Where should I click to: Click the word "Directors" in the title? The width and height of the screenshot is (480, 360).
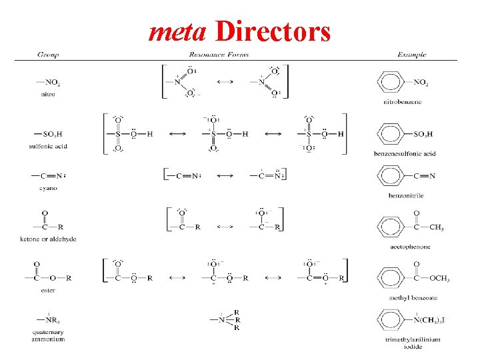273,32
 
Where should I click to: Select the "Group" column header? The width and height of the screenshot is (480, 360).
47,55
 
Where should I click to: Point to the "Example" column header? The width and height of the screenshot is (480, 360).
411,55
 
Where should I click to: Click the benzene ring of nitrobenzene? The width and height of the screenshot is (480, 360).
391,83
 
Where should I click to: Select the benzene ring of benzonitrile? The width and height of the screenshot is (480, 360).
391,177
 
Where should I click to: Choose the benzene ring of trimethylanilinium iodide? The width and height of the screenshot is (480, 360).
391,320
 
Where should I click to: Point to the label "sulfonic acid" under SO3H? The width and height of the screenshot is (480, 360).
48,146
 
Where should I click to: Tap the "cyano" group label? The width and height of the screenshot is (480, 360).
47,188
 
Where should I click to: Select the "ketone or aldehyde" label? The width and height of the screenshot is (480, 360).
48,239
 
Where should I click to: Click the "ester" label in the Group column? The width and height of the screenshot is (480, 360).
47,290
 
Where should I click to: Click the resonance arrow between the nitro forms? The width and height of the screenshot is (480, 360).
225,82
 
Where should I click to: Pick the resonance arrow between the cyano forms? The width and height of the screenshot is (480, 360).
225,176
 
